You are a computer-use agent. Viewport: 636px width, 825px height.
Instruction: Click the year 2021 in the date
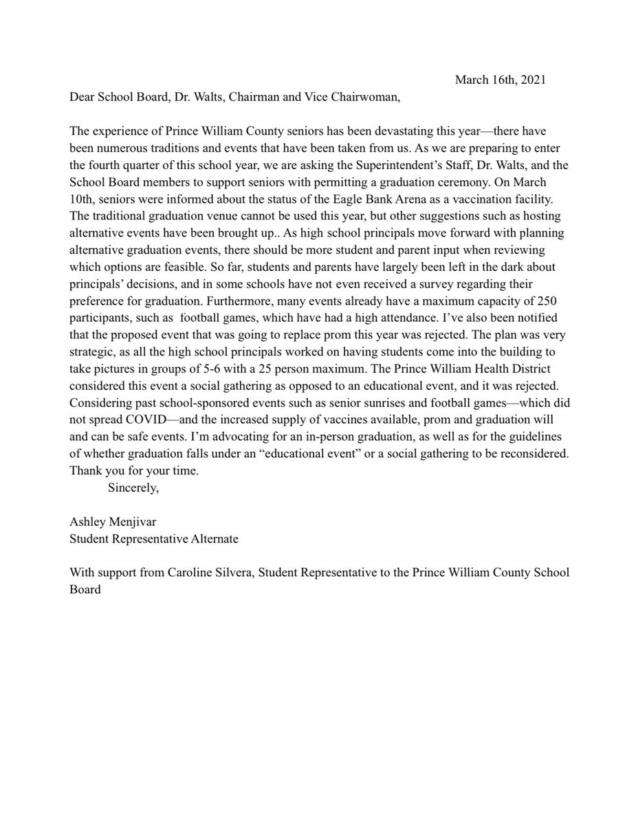click(x=534, y=80)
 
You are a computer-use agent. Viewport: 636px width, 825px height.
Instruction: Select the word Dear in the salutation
click(x=82, y=97)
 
